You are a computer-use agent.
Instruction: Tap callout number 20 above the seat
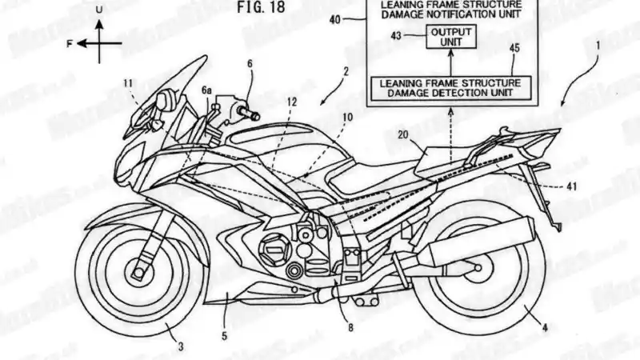pos(405,137)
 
